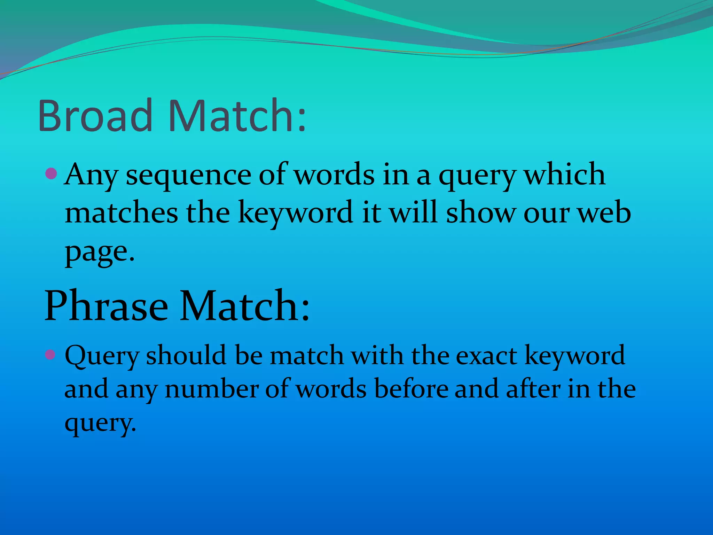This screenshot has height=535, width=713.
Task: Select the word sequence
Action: (x=188, y=175)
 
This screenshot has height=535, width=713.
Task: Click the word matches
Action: (x=122, y=213)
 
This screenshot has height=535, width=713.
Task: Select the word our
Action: (x=547, y=214)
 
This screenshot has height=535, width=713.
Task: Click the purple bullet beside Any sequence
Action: (x=51, y=173)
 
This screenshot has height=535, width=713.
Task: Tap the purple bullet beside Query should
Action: (x=50, y=355)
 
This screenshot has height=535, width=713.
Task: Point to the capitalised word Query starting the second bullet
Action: (x=102, y=356)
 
